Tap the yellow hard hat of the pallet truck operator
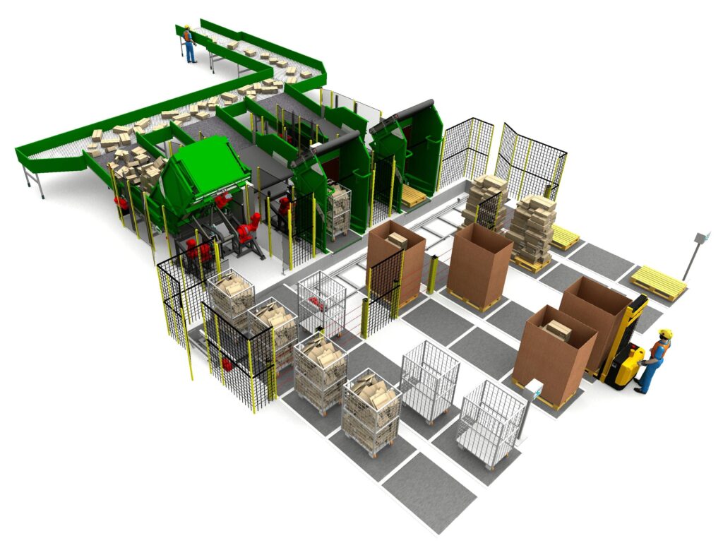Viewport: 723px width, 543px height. [665, 333]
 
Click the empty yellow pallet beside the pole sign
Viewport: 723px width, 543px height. [658, 282]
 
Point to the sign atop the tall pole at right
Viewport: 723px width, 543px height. [702, 238]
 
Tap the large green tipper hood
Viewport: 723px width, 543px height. [205, 169]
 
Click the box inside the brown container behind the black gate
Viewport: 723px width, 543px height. [397, 241]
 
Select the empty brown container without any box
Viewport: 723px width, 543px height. [480, 265]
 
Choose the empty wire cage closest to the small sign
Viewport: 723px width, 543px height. [491, 422]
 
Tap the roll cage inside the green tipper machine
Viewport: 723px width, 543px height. [339, 209]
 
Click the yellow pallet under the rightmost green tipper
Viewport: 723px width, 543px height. [414, 197]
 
